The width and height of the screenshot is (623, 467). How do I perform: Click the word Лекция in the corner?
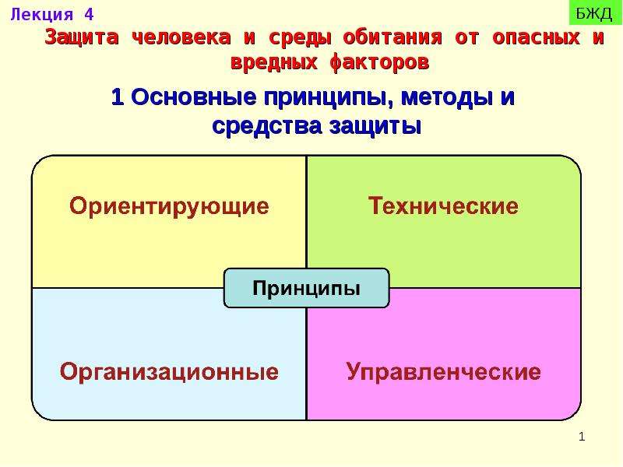click(x=42, y=15)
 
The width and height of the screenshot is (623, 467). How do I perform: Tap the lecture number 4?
click(x=89, y=14)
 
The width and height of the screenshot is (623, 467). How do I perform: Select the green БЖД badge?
click(x=595, y=13)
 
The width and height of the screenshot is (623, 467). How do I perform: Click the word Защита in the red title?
click(x=82, y=37)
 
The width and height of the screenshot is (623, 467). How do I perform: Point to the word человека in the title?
click(x=181, y=37)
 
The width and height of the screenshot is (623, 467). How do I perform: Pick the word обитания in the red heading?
click(x=392, y=37)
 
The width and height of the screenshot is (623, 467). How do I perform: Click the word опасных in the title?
click(x=536, y=37)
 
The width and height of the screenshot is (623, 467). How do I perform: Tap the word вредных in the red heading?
click(x=274, y=63)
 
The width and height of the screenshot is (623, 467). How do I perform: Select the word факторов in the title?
click(x=379, y=63)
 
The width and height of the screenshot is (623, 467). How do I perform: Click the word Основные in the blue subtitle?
click(x=193, y=97)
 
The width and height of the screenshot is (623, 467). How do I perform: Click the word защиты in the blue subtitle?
click(x=375, y=127)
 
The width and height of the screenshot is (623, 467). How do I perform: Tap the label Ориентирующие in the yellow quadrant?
click(x=169, y=206)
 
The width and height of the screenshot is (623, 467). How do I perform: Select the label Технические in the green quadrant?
click(x=443, y=205)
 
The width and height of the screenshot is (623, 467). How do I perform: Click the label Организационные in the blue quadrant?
click(x=169, y=372)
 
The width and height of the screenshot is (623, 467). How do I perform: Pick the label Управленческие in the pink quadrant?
click(x=444, y=372)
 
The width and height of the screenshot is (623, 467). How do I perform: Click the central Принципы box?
click(x=306, y=288)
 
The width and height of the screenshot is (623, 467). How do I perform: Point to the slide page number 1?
click(x=582, y=437)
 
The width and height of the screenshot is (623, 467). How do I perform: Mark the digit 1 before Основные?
click(x=118, y=97)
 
